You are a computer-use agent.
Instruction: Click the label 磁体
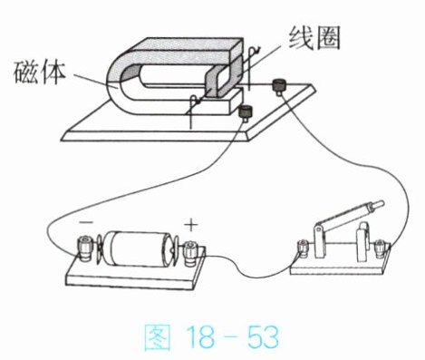[40, 73]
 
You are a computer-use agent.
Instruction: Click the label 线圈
[314, 38]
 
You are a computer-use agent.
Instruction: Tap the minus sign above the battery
[86, 223]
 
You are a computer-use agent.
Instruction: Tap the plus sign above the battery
[191, 225]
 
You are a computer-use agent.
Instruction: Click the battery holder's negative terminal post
[84, 248]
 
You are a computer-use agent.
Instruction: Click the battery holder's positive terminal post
[190, 253]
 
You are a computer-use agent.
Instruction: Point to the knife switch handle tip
[379, 204]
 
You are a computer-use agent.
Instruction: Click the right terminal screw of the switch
[380, 248]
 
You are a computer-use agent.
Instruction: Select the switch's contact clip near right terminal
[363, 242]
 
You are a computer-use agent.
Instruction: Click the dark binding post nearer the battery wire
[245, 112]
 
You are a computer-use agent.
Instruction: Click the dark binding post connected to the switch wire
[278, 85]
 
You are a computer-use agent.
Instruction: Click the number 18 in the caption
[200, 336]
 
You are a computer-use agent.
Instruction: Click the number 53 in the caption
[263, 336]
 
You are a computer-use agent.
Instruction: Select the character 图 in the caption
[157, 337]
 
